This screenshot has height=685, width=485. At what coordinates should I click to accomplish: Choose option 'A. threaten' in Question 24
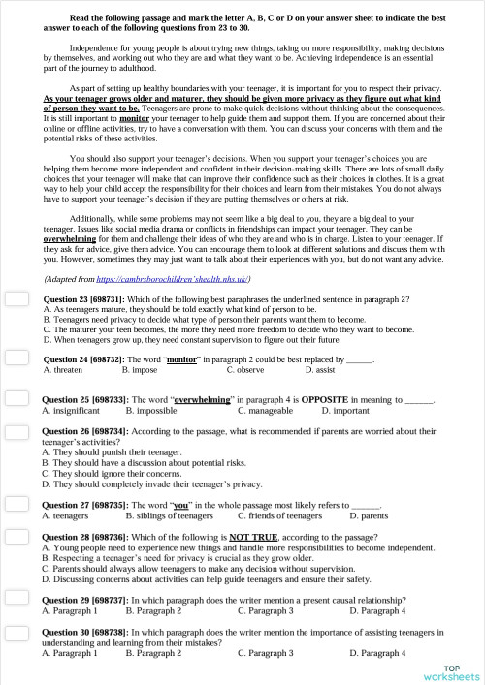63,370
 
